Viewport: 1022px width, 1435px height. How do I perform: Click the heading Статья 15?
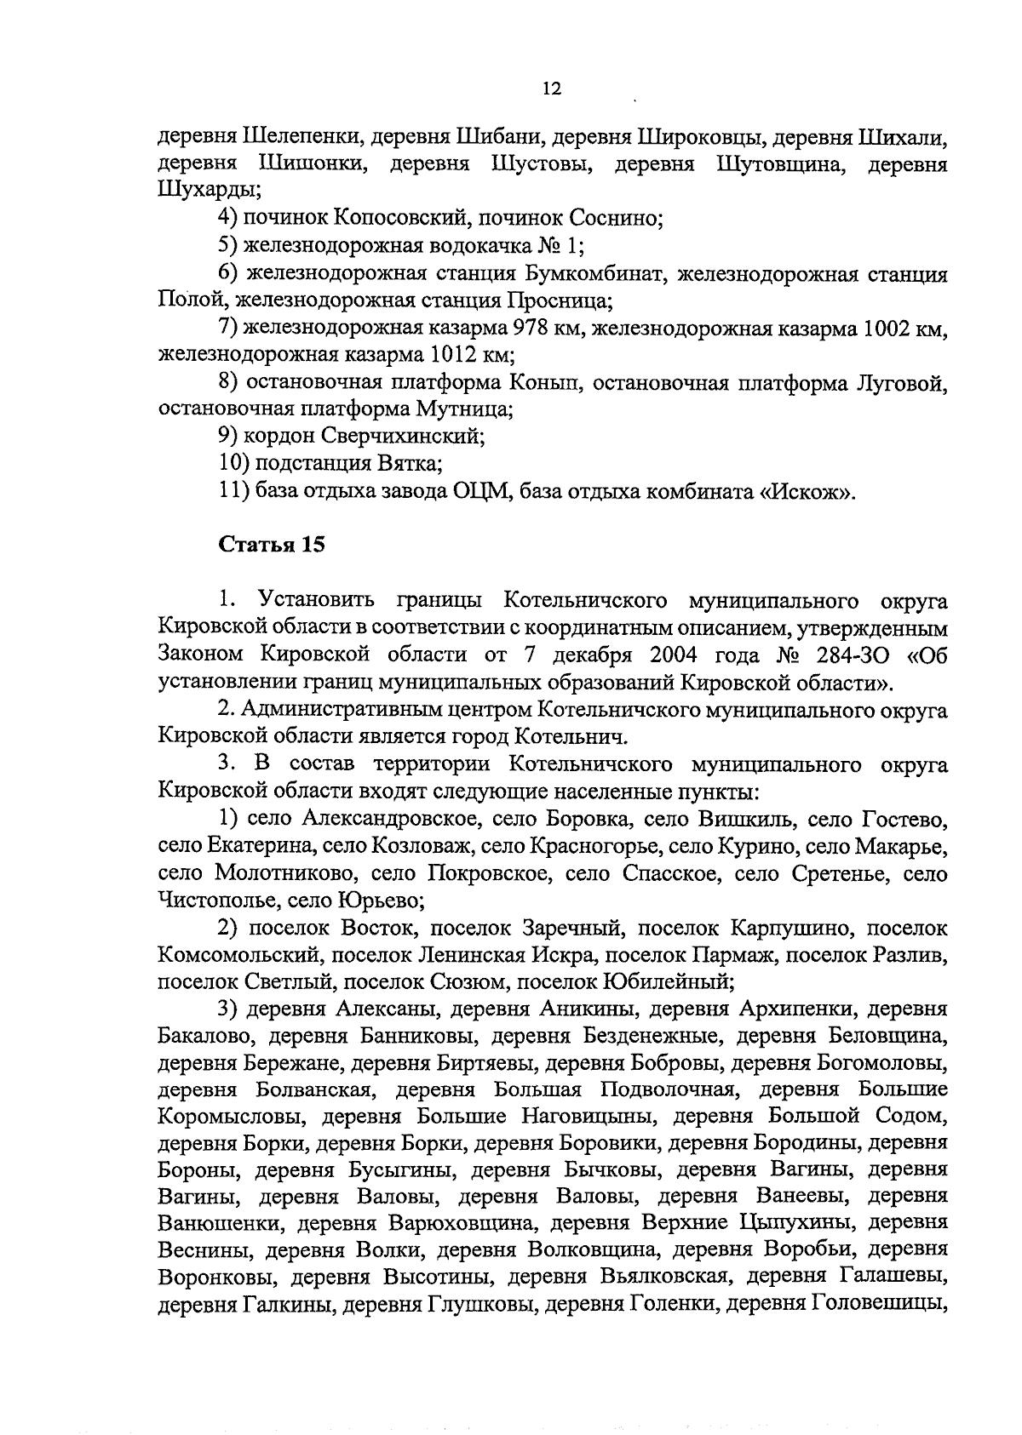(x=273, y=545)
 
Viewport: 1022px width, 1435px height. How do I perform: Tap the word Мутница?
(x=463, y=409)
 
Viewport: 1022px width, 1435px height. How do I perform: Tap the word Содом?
(x=915, y=1118)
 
